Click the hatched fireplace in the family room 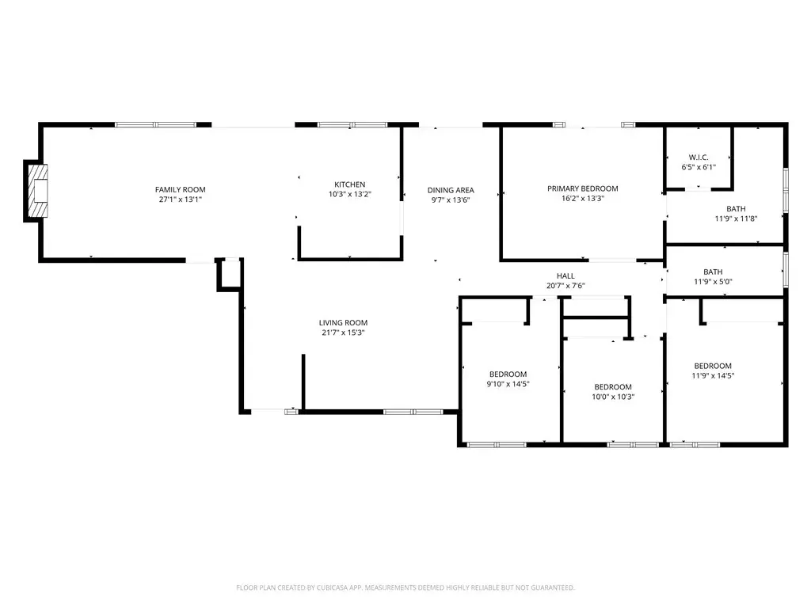pos(38,191)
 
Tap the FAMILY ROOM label pos(180,190)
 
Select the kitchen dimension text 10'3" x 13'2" pos(349,195)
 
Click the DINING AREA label pos(451,190)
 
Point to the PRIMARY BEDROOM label pos(582,188)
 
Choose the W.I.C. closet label pos(699,158)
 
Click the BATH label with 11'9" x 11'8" pos(736,209)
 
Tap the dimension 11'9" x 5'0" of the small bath pos(713,282)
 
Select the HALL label pos(565,276)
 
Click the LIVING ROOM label pos(343,323)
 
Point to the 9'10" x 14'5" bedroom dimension pos(508,384)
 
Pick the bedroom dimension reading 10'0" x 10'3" pos(613,397)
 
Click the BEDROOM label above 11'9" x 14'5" pos(713,366)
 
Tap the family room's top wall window pos(156,124)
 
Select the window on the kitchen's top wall pos(352,124)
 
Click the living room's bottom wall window pos(413,412)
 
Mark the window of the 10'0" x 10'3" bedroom pos(633,445)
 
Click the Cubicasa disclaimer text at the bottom pos(405,588)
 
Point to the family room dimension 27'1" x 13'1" pos(180,199)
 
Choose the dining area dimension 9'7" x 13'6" pos(451,200)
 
